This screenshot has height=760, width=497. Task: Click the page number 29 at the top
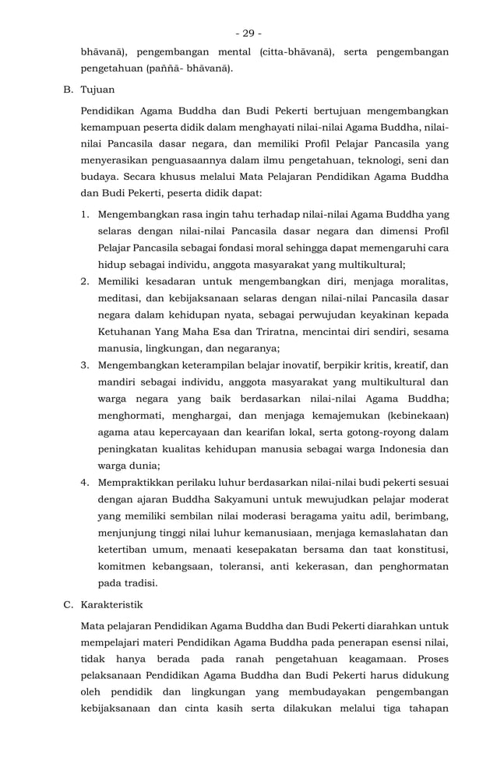tap(248, 33)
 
